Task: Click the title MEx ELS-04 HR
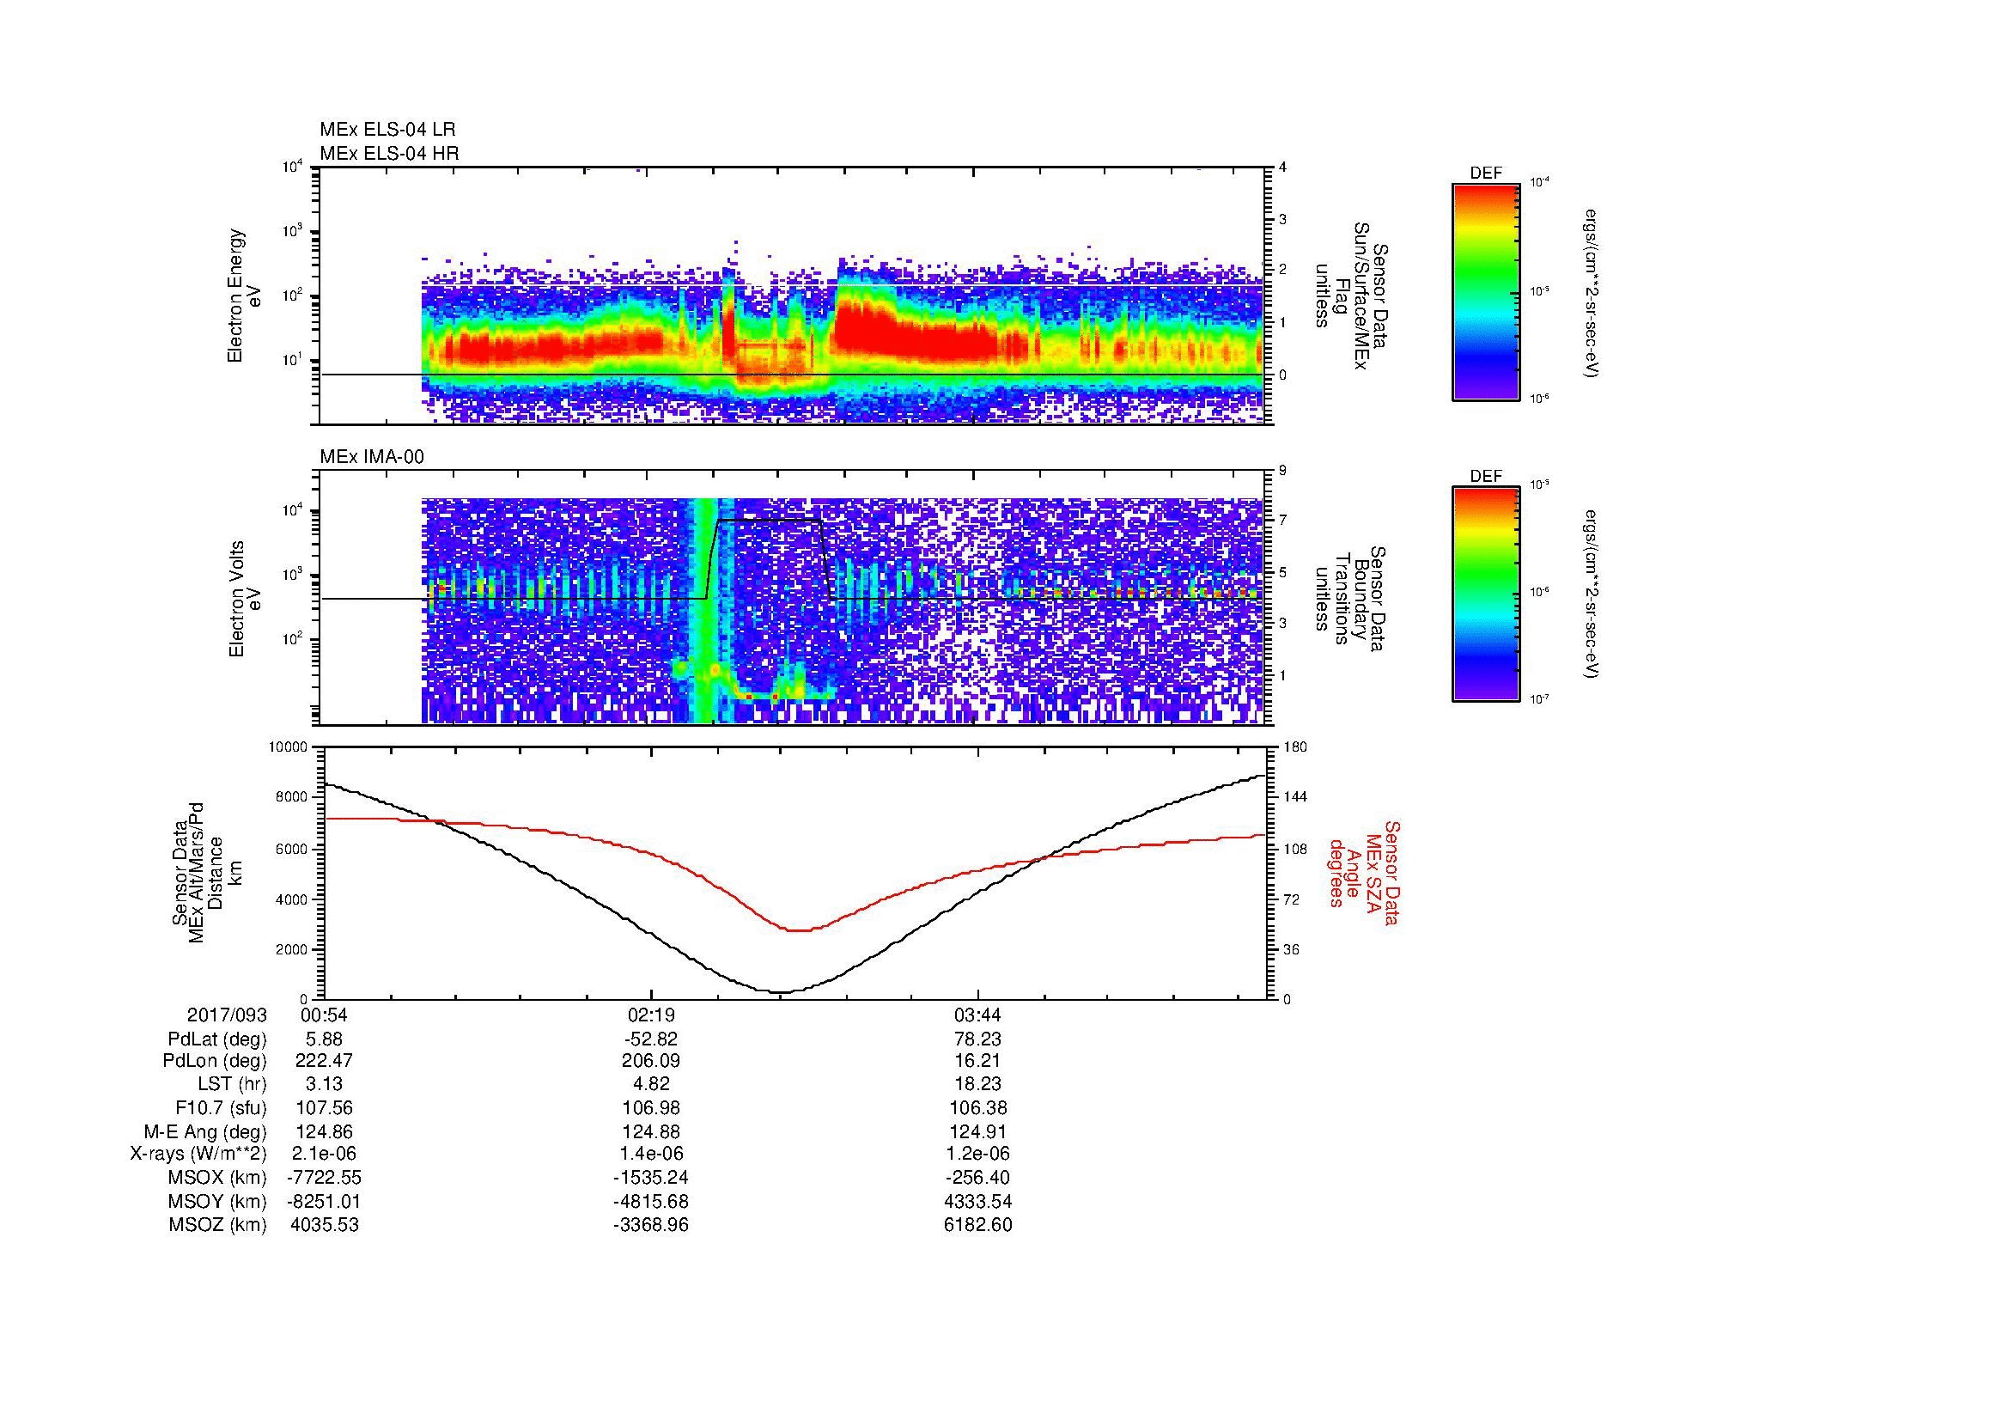click(389, 153)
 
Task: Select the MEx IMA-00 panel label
click(372, 457)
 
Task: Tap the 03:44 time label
click(977, 1015)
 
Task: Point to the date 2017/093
click(227, 1015)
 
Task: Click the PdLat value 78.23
click(977, 1039)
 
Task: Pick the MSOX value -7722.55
click(325, 1178)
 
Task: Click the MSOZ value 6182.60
click(977, 1225)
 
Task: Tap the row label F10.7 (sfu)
click(221, 1108)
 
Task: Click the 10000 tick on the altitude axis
click(287, 747)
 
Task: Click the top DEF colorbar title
click(1486, 174)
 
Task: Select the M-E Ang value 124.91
click(977, 1131)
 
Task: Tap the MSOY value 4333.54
click(977, 1201)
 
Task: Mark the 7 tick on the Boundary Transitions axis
click(1282, 521)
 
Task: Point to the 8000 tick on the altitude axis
click(291, 797)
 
